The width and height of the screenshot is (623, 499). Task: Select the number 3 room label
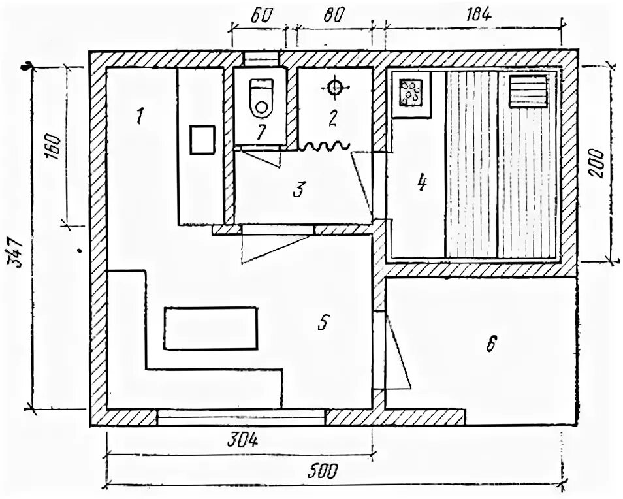click(298, 190)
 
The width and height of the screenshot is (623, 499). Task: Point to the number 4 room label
click(422, 183)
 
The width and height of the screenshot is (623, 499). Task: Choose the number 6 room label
click(491, 344)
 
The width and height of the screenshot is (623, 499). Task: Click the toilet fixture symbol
click(261, 97)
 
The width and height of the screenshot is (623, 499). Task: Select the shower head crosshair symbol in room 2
click(335, 86)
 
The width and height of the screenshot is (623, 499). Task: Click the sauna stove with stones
click(411, 93)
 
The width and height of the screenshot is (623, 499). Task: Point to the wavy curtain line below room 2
click(325, 147)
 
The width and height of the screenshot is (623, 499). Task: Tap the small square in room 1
click(202, 140)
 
